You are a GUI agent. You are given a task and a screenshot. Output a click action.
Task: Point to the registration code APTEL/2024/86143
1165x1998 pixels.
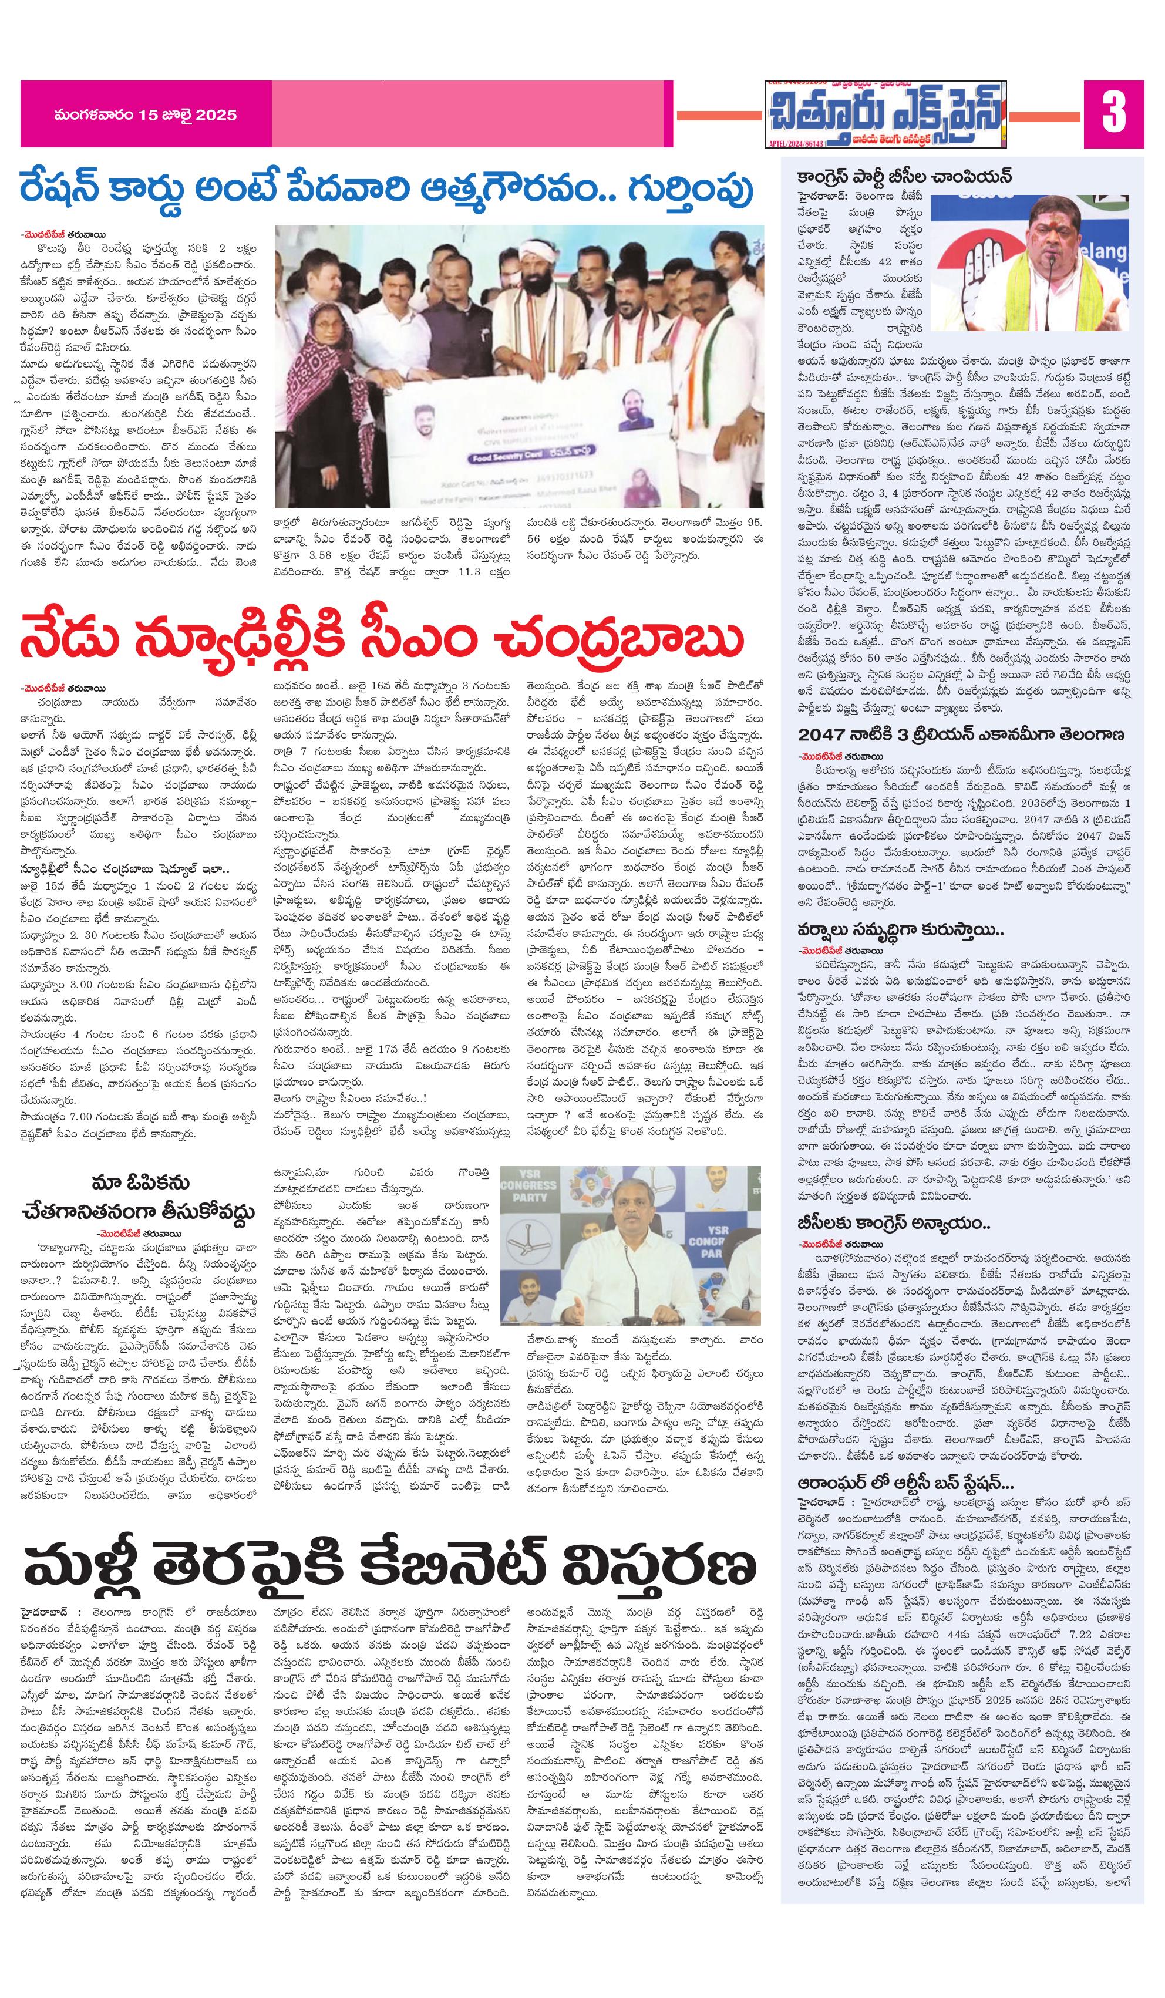[796, 143]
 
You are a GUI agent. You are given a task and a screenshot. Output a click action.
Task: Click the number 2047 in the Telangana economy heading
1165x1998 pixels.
[823, 733]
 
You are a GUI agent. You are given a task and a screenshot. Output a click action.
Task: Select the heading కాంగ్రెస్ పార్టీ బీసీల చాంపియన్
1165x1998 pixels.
[897, 176]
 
